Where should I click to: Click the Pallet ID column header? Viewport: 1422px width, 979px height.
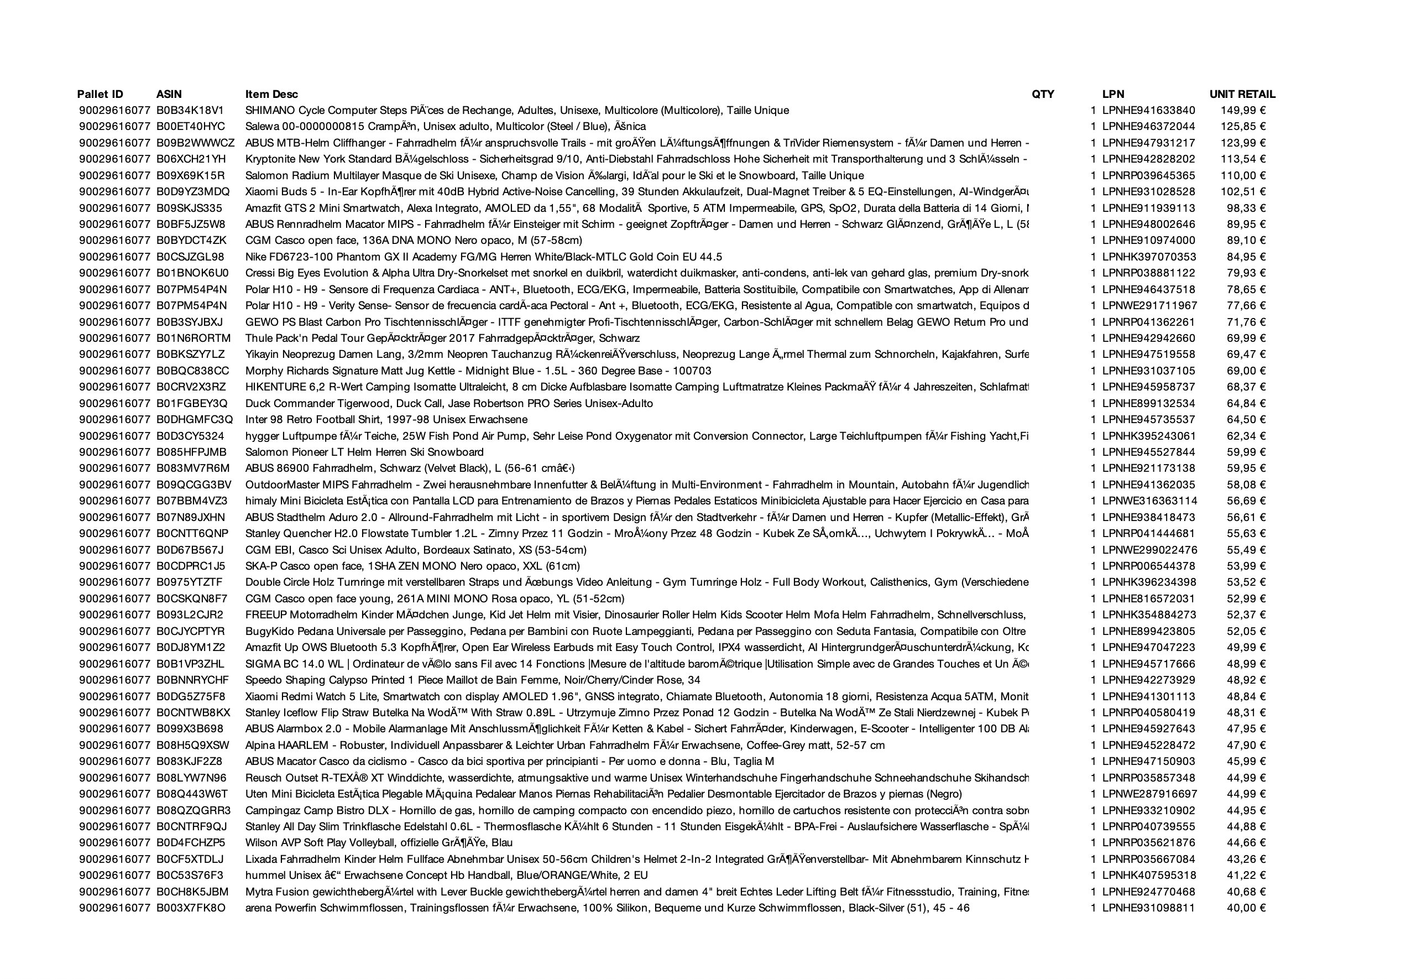(x=100, y=94)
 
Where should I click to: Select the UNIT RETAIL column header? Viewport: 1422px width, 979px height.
(x=1242, y=94)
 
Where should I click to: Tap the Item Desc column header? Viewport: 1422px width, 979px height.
(x=271, y=94)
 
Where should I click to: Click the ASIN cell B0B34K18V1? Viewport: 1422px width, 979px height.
(x=190, y=111)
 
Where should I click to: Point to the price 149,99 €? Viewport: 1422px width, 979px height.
(x=1242, y=111)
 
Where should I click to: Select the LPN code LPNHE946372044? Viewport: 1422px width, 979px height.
(x=1148, y=126)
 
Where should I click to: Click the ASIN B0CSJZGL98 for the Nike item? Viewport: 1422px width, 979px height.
(x=190, y=257)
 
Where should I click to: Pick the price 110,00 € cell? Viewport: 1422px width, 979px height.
(x=1242, y=175)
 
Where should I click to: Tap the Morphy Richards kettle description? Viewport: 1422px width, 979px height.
(x=478, y=371)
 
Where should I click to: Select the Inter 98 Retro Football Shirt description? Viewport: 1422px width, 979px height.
(x=386, y=420)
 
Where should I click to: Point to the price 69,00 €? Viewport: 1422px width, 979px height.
(x=1246, y=371)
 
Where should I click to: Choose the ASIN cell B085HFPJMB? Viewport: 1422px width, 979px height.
(x=191, y=452)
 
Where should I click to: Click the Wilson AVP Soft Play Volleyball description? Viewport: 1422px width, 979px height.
(x=378, y=842)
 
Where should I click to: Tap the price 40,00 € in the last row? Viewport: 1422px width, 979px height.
(x=1246, y=907)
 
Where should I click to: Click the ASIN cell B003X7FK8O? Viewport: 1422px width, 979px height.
(x=191, y=907)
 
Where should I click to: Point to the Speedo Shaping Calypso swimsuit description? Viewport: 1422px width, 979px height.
(x=472, y=680)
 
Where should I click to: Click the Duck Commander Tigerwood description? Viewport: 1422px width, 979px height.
(x=449, y=403)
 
